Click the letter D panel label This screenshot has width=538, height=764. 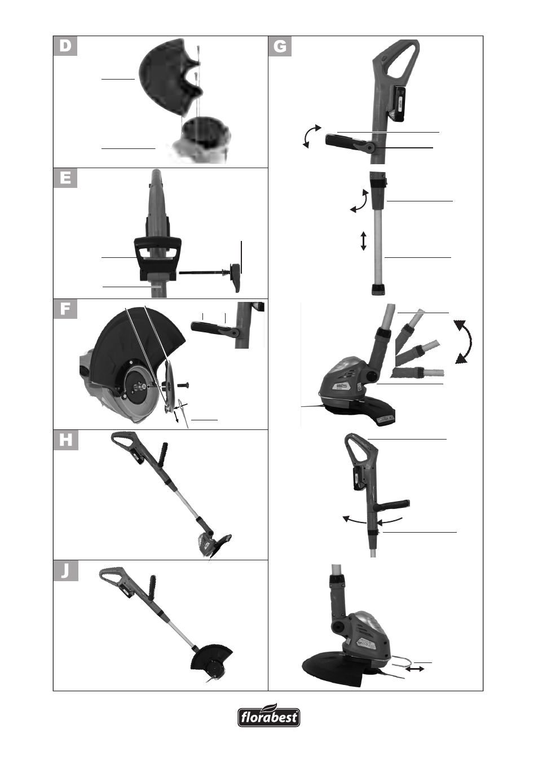65,46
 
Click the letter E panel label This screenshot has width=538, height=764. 65,178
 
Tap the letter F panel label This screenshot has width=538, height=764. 65,309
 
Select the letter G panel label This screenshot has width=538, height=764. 280,46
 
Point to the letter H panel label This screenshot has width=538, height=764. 65,440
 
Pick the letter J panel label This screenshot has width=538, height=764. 65,571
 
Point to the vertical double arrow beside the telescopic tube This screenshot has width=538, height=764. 363,241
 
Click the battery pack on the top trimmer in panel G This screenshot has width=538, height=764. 398,104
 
